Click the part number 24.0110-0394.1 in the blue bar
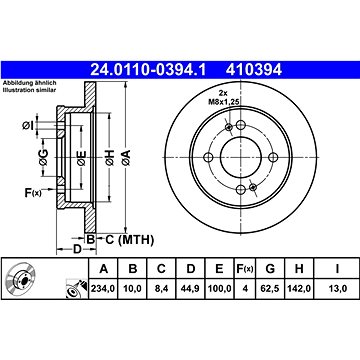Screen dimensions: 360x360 coord(149,70)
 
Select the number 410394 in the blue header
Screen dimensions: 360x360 coord(254,70)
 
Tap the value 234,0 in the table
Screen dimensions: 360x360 coord(103,288)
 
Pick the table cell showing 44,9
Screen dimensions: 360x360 coord(190,288)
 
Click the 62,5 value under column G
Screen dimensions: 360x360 coord(270,288)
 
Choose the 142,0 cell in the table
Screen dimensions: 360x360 coord(299,288)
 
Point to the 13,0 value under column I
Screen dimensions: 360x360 coord(337,288)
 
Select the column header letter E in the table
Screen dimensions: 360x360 coord(219,268)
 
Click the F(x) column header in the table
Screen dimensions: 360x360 coord(245,268)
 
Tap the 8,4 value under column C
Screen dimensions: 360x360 coord(161,288)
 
